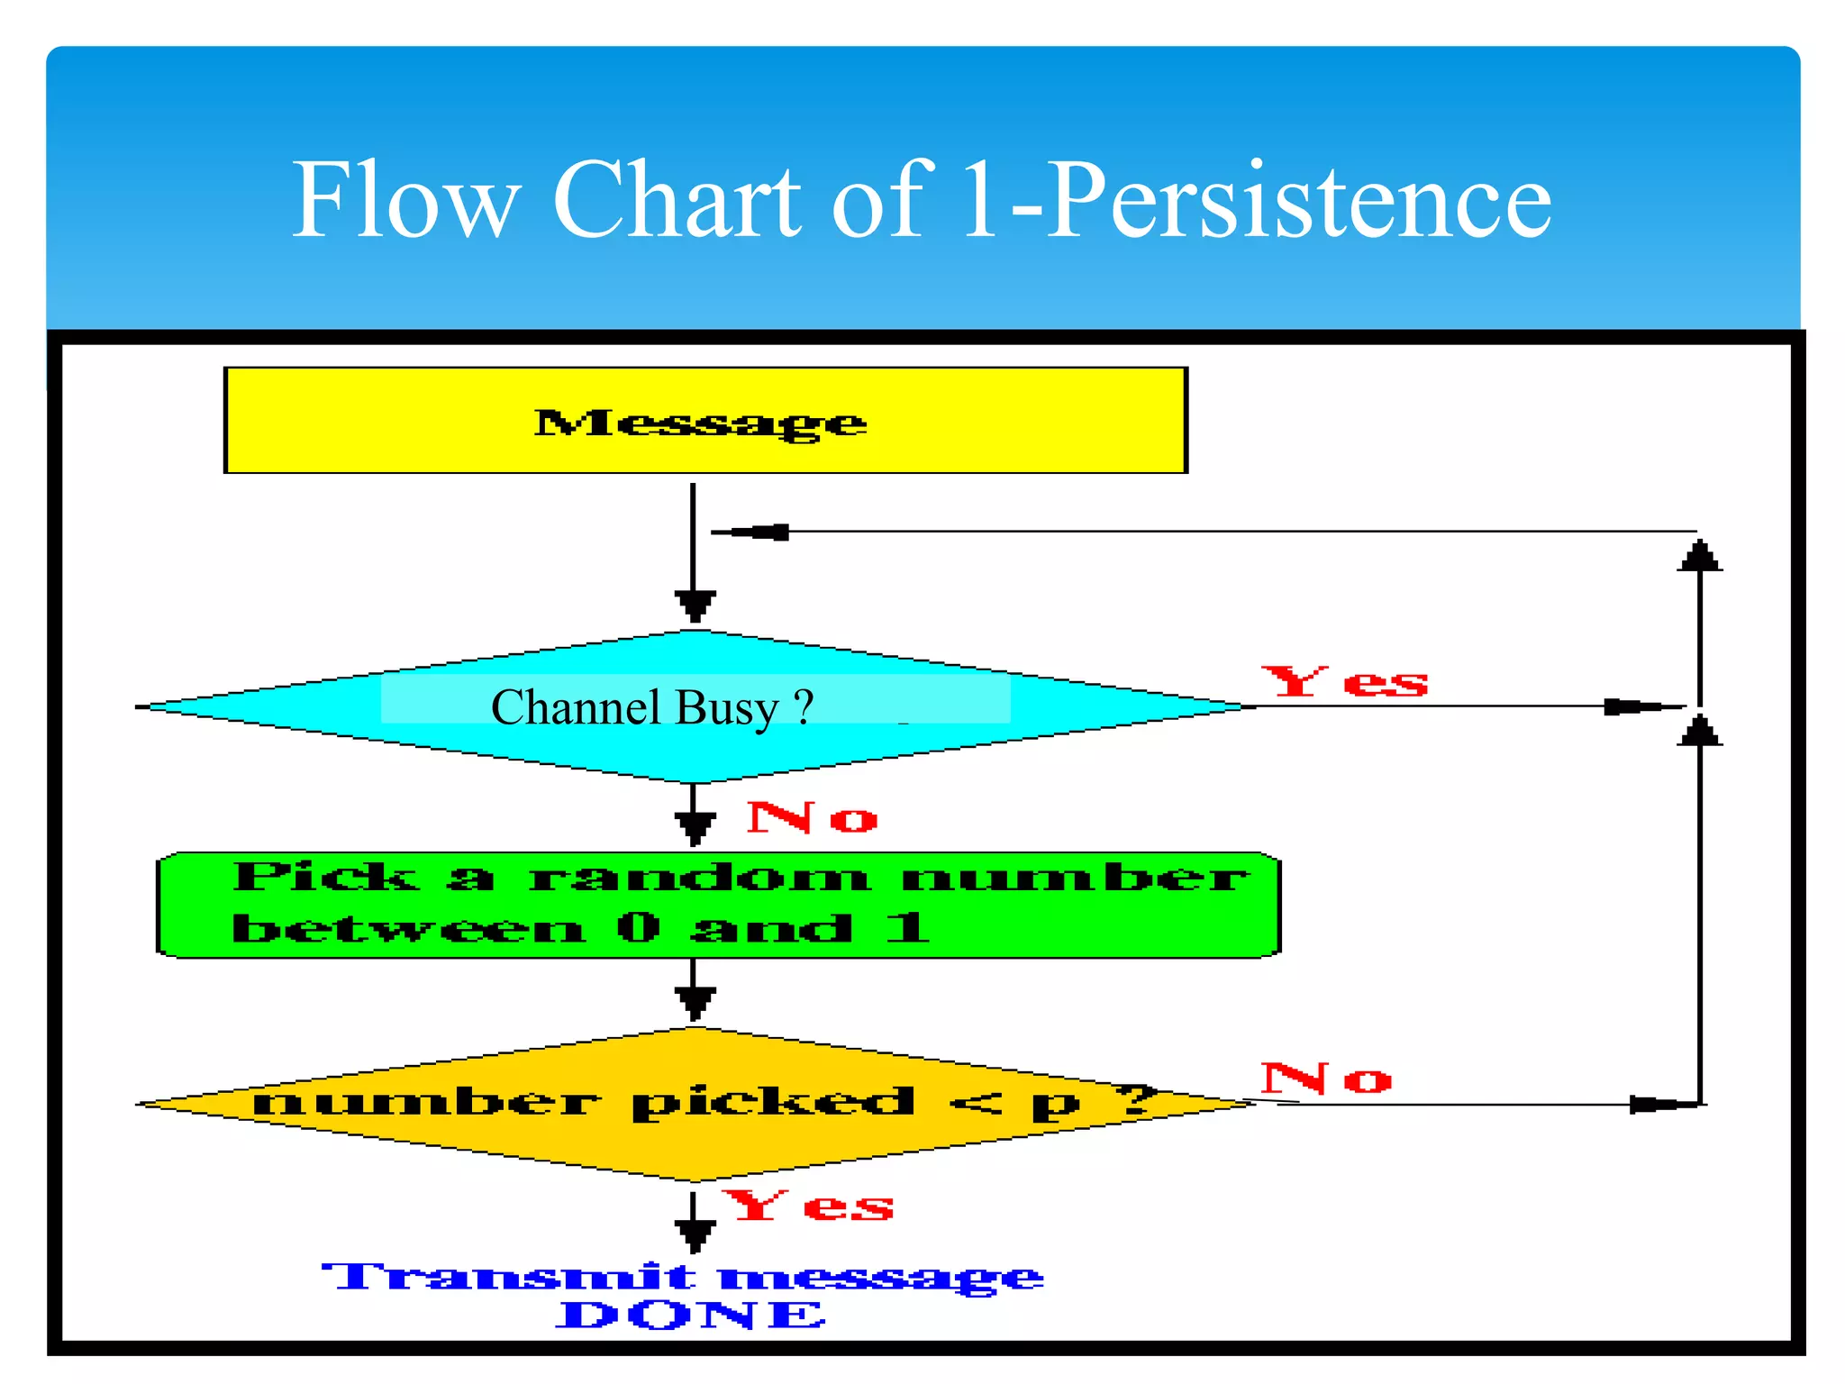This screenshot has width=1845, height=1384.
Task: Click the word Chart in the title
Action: [676, 200]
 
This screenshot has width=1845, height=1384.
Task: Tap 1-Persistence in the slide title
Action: [1256, 200]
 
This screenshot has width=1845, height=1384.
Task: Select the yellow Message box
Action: [705, 421]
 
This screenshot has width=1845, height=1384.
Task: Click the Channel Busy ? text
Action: [652, 707]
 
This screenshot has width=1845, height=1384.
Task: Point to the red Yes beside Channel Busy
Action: [1345, 682]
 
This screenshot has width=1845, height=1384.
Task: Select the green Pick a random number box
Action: [718, 905]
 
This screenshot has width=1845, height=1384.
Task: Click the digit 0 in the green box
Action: [639, 927]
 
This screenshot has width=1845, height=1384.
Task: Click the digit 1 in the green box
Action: [906, 927]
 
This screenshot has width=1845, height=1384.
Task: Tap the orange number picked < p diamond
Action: [695, 1104]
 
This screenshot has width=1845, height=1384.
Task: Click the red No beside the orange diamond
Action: [1326, 1079]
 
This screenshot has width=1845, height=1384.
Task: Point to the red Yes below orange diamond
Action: [808, 1206]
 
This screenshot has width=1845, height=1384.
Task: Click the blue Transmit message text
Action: [683, 1276]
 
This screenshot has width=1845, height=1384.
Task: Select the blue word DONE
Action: [690, 1316]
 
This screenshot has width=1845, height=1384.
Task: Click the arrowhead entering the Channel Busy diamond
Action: [695, 605]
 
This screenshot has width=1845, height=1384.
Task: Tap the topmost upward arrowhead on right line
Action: [1699, 555]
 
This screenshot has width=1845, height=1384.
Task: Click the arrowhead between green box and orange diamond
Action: [695, 1002]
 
